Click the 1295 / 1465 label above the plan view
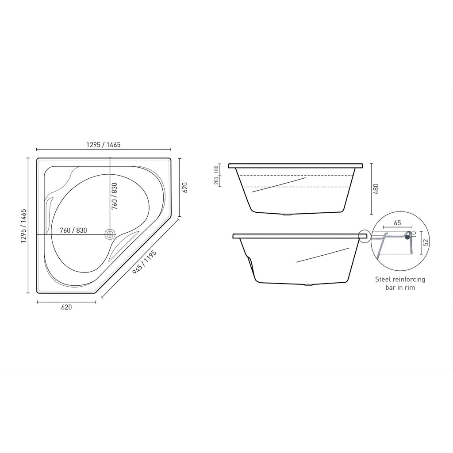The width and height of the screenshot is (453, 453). pos(103,145)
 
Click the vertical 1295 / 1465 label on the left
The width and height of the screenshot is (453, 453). pos(23,226)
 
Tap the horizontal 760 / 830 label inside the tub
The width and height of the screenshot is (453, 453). pos(73,230)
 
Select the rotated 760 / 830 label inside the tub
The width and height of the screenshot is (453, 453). pos(115,196)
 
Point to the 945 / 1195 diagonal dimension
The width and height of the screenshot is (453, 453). pos(144,262)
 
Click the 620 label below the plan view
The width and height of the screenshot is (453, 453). pos(66,307)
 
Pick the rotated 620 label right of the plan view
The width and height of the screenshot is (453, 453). pos(185,188)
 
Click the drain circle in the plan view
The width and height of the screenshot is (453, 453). pos(110,234)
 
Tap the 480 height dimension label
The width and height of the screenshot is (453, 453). pos(376,189)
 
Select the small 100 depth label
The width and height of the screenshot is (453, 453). pos(216,169)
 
